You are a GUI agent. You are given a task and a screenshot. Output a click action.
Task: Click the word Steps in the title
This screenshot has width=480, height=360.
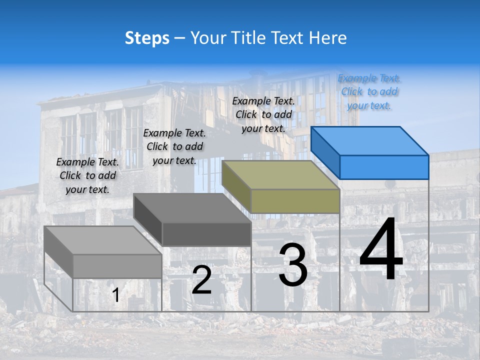147,38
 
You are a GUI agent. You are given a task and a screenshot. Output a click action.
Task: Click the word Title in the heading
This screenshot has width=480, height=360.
247,38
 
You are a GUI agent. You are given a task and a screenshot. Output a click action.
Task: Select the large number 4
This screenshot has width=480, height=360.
381,250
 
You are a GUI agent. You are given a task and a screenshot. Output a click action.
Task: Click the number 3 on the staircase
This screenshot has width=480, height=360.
293,265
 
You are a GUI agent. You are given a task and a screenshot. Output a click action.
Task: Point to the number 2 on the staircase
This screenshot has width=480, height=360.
201,280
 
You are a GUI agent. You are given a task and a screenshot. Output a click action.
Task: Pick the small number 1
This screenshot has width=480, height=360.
116,295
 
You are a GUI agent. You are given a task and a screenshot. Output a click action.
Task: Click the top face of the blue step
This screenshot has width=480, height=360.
370,141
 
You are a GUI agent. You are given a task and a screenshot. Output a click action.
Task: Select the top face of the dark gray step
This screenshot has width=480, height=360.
192,208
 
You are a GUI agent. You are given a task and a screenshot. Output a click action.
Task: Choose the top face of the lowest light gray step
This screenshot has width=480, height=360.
102,240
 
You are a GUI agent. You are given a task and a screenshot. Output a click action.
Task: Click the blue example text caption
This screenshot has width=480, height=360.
369,92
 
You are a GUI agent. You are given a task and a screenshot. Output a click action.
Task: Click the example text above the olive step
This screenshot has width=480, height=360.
263,114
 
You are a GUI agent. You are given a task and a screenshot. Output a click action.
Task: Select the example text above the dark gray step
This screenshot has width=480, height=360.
174,146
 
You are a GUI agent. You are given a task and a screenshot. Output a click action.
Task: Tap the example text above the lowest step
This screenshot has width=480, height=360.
87,175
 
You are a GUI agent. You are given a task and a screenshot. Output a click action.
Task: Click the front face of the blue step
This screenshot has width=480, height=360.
384,167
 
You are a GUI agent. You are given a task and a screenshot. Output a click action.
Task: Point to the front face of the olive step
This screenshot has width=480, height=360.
295,201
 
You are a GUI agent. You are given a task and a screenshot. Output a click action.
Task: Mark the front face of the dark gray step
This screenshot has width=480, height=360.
206,234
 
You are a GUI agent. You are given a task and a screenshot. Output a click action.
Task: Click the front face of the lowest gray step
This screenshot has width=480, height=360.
117,266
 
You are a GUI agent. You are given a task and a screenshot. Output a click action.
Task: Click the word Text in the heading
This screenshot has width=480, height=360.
289,38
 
